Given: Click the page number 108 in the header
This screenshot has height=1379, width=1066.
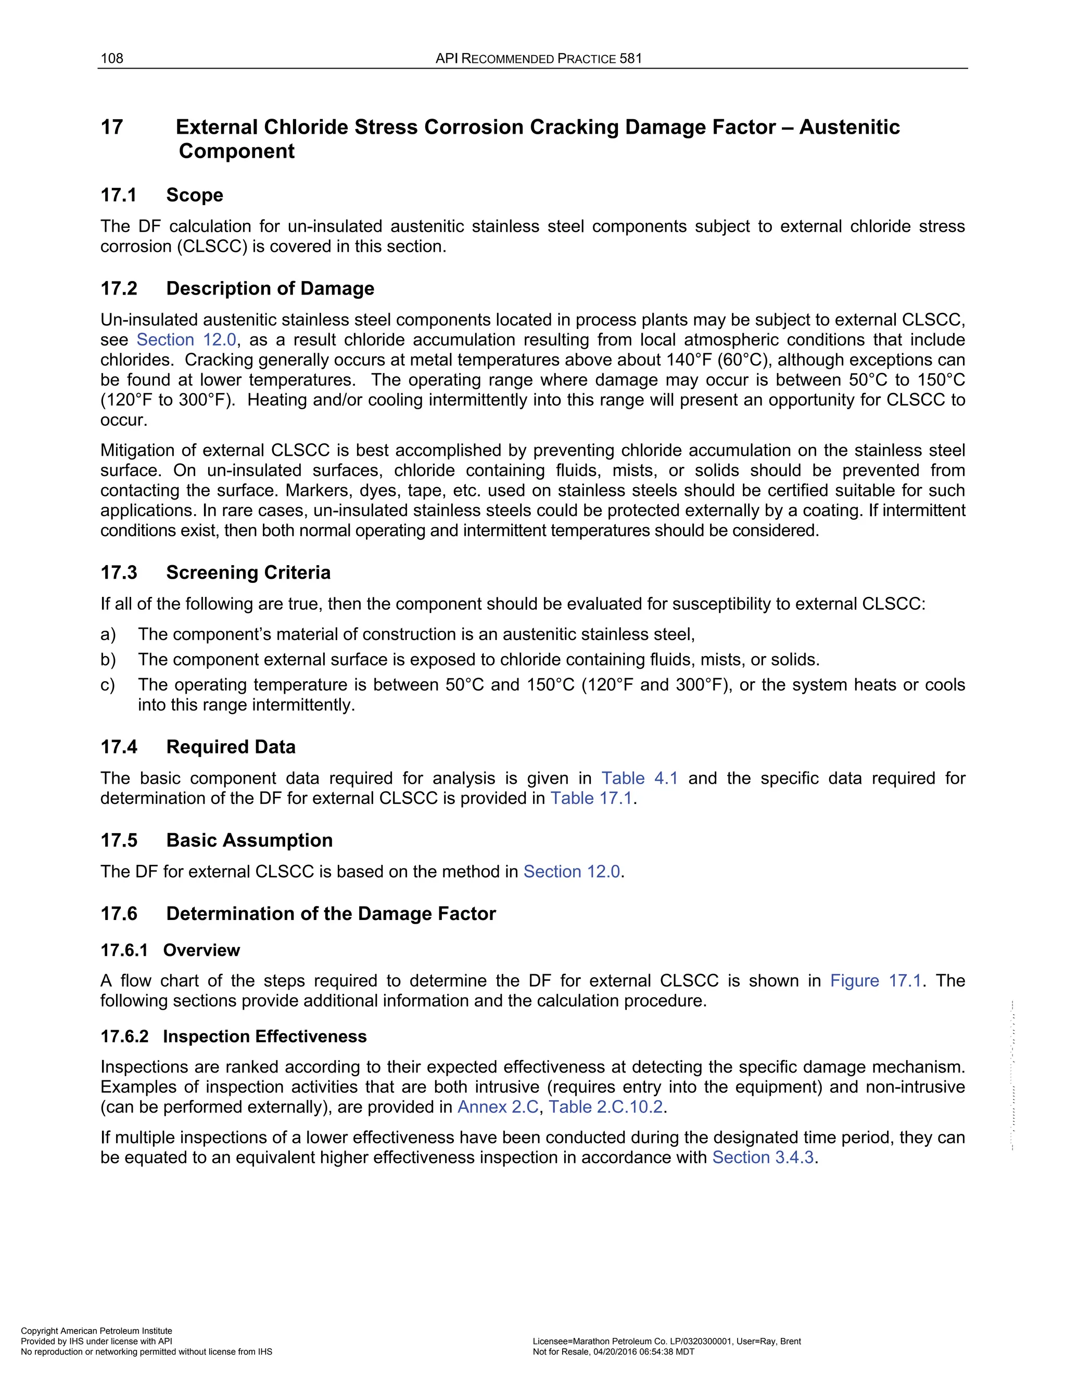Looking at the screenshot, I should coord(112,59).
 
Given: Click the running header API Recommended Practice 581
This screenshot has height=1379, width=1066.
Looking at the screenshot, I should coord(538,59).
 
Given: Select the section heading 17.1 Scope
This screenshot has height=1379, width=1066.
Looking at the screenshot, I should coord(162,195).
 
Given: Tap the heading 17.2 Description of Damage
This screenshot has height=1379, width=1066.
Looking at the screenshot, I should coord(237,289).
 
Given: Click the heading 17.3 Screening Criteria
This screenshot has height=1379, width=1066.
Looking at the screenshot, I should coord(215,573).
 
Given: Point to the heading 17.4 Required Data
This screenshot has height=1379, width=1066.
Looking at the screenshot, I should coord(198,747).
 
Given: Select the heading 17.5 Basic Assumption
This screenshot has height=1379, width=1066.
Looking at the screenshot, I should coord(216,840).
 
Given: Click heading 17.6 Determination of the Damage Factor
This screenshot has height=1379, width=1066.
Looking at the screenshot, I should coord(298,914).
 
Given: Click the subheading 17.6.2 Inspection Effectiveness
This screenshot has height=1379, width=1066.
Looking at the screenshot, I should coord(233,1036).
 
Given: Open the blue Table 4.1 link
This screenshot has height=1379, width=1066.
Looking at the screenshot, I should coord(639,778).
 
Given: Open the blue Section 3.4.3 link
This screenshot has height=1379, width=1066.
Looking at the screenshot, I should coord(763,1157).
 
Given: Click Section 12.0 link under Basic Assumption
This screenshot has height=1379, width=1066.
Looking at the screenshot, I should coord(572,872).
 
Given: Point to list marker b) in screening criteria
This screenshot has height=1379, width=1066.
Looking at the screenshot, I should coord(108,660).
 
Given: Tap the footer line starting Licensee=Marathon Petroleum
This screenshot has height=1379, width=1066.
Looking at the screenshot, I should coord(666,1341).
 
